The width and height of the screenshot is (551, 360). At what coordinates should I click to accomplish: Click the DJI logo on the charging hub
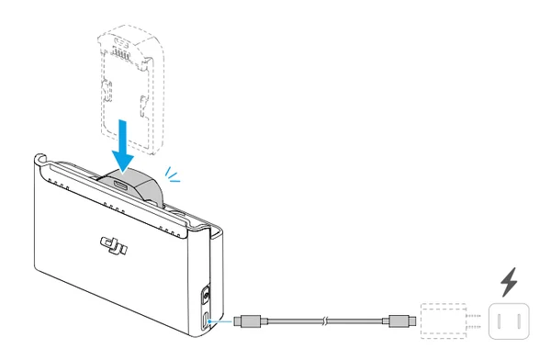tap(114, 245)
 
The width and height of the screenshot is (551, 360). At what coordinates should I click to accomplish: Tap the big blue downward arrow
tap(123, 147)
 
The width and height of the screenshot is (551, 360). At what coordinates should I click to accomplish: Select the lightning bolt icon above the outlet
tap(509, 282)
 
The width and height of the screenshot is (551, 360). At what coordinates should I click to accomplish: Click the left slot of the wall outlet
tap(499, 321)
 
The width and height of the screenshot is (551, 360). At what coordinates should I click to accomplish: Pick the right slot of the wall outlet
tap(519, 321)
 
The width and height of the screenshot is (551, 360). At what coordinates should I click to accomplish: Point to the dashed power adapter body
tap(444, 321)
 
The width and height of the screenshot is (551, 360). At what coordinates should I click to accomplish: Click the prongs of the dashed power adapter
tap(473, 321)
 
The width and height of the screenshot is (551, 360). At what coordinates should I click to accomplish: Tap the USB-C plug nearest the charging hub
tap(250, 321)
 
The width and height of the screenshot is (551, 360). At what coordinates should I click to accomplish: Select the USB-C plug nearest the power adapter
tap(400, 321)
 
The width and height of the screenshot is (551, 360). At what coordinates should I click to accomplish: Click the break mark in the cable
tap(325, 321)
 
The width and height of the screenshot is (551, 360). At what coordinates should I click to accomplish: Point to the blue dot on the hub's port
tap(209, 321)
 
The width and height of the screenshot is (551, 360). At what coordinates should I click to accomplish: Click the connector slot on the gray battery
tap(120, 185)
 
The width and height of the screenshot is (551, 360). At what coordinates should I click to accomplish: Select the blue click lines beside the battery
tap(173, 174)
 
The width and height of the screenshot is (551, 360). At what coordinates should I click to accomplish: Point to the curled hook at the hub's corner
tap(40, 159)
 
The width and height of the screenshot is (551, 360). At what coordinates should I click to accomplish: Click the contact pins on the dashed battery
tap(118, 52)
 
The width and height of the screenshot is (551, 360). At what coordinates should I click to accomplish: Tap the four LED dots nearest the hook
tap(59, 185)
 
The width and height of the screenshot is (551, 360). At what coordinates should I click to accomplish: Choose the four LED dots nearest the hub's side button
tap(170, 231)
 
